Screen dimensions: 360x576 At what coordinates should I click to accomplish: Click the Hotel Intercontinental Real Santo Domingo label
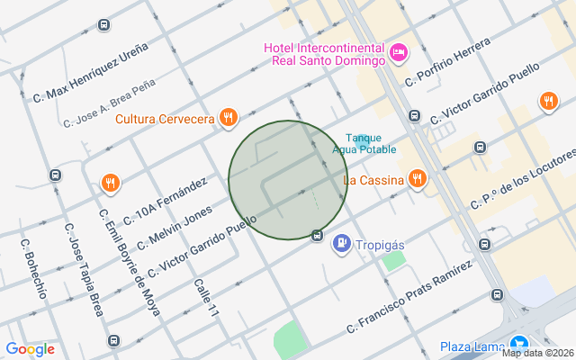coord(325,54)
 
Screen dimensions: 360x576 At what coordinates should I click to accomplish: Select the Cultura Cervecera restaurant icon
coord(229,117)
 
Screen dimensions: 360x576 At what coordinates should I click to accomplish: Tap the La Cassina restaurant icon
coord(416,179)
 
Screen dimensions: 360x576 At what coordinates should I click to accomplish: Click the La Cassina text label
coord(373,180)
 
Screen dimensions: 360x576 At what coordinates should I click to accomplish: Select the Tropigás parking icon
coord(342,243)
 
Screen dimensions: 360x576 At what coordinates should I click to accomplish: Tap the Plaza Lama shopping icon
coord(518,345)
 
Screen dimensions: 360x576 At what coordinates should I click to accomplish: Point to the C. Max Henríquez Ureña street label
coord(89,71)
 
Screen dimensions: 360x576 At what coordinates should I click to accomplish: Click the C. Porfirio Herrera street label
coord(447,62)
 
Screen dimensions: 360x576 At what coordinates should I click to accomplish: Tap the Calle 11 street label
coord(206,296)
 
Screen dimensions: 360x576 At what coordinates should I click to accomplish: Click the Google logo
coord(30,349)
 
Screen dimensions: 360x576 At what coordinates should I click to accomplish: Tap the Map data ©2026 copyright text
coord(537,353)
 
